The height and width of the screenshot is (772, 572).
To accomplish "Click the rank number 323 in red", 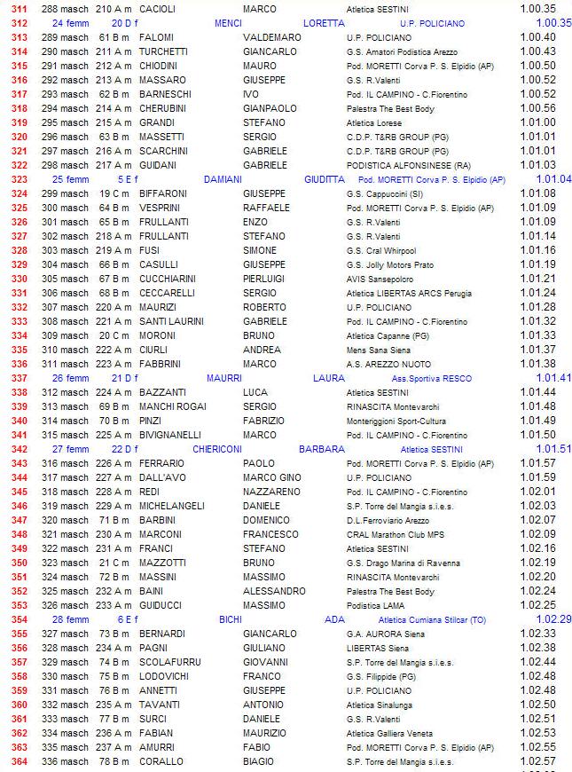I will point(17,179).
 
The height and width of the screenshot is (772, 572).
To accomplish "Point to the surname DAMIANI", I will point(223,179).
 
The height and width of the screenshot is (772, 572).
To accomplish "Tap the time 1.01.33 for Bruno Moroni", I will point(537,335).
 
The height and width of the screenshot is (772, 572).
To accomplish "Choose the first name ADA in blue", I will point(334,619).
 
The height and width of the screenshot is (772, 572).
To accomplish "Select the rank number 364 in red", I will point(17,761).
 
